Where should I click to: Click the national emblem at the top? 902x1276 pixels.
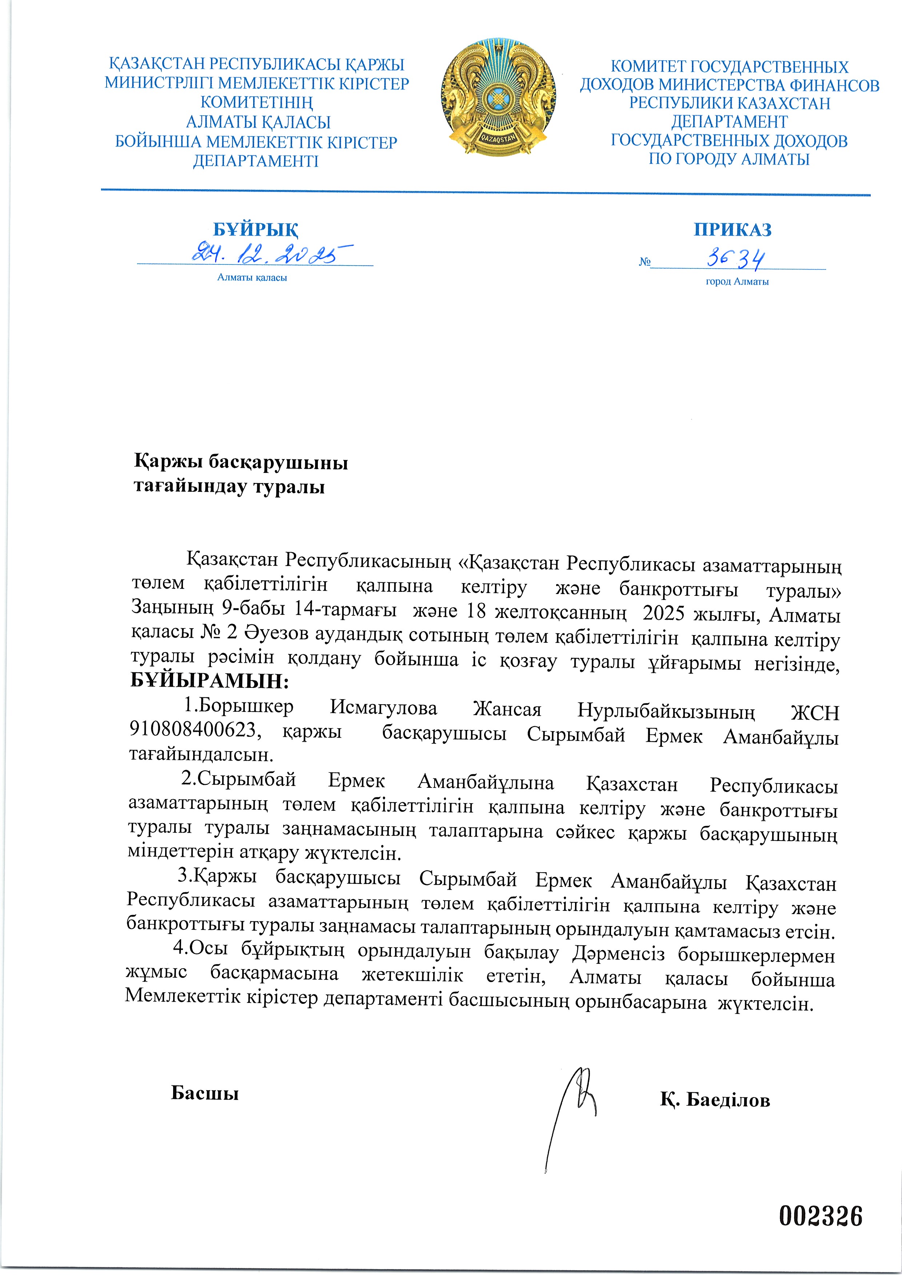coord(499,97)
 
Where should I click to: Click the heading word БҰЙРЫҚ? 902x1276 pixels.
coord(256,230)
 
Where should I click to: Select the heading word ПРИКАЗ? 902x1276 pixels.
coord(733,230)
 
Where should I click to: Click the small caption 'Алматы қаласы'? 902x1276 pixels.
coord(252,277)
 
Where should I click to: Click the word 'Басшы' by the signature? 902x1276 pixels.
coord(204,1093)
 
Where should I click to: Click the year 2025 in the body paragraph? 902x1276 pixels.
coord(663,613)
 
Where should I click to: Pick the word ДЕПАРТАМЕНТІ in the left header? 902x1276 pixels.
coord(256,161)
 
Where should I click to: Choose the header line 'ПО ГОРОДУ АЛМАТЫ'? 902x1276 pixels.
coord(729,159)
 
